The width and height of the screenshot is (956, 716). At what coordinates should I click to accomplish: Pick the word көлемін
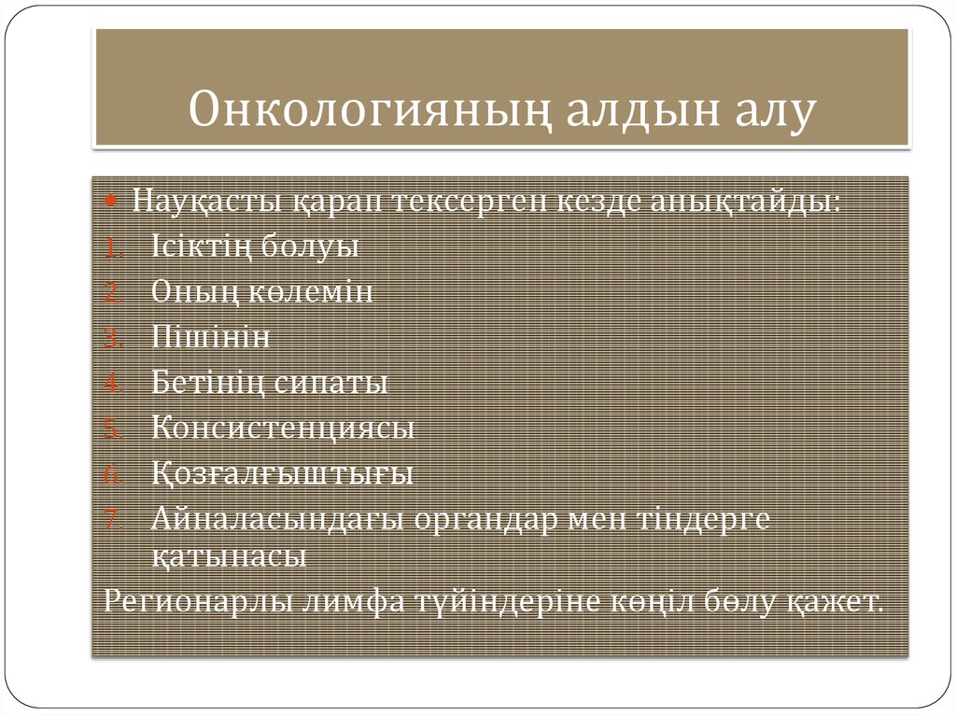[312, 292]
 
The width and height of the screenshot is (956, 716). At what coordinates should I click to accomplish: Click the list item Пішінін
[211, 337]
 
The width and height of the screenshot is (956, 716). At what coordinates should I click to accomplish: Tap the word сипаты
[333, 383]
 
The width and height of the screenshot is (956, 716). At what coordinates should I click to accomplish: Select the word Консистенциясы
[283, 428]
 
